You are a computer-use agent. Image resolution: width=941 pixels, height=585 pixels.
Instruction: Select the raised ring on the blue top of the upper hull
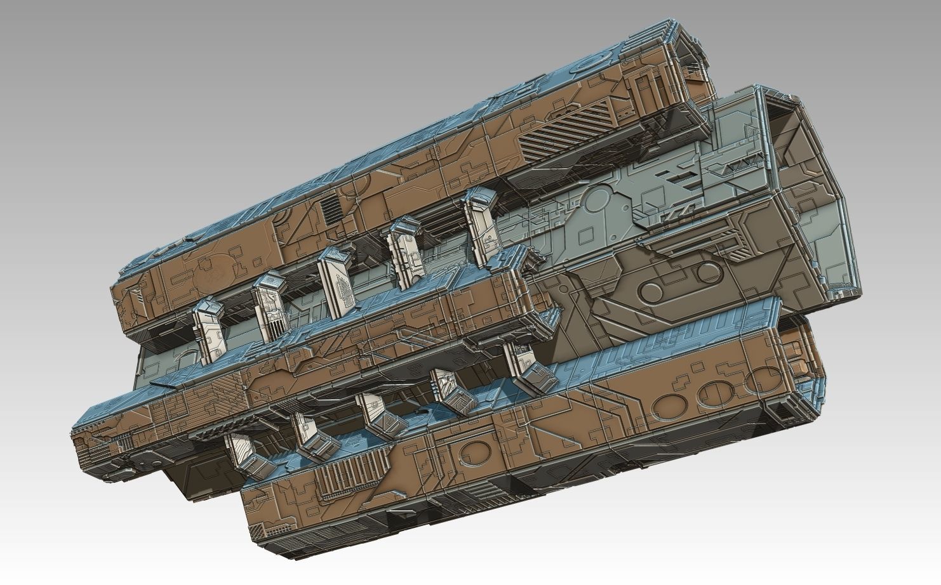(x=596, y=62)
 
